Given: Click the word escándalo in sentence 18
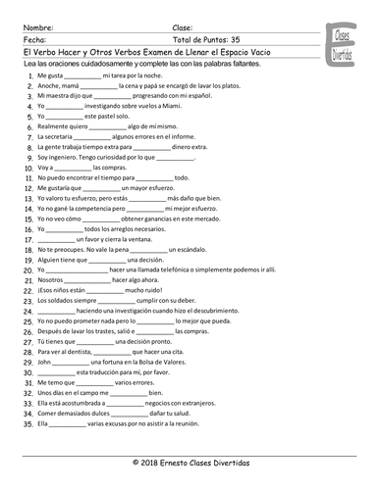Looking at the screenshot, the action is coord(209,252).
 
